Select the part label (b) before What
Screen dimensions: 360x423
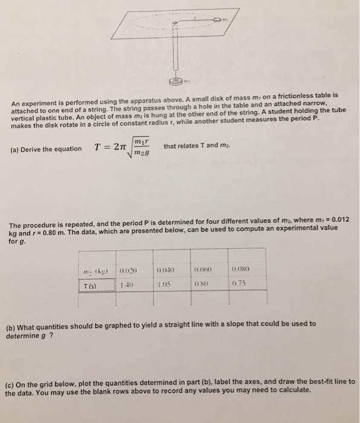[10, 324]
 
